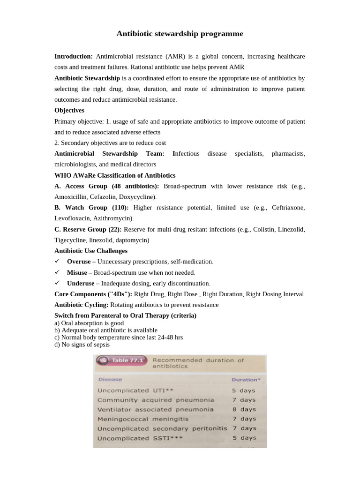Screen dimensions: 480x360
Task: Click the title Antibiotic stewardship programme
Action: (180, 34)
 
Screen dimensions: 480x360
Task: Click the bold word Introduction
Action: (73, 56)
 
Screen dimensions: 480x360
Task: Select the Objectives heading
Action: (69, 110)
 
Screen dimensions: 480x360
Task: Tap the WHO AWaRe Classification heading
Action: (115, 175)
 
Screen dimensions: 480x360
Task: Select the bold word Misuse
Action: (77, 272)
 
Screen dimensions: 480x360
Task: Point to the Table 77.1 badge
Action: (122, 360)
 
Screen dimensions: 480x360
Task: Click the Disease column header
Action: (110, 379)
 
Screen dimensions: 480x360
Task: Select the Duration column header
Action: (245, 379)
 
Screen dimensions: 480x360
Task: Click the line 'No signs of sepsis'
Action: (82, 345)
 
